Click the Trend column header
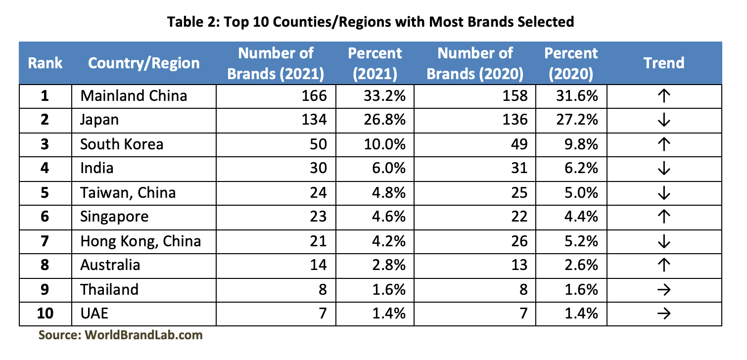click(x=664, y=63)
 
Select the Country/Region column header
click(x=144, y=63)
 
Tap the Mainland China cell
click(x=134, y=95)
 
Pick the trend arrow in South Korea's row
click(x=664, y=144)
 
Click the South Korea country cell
click(x=122, y=144)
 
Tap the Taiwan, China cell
click(x=128, y=192)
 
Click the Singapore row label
click(x=114, y=217)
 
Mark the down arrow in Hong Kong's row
click(x=664, y=241)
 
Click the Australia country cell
click(x=110, y=265)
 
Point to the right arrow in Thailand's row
click(x=664, y=290)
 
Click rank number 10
click(x=45, y=314)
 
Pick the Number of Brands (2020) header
click(x=475, y=63)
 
